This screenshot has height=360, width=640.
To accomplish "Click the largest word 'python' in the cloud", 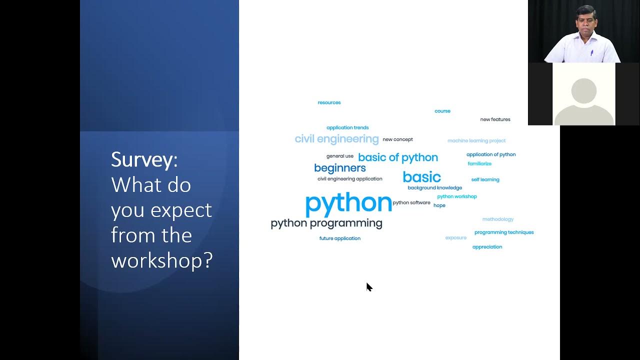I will click(x=348, y=203).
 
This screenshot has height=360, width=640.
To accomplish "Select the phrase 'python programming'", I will click(x=326, y=223).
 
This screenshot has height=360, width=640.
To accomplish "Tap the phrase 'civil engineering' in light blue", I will click(x=336, y=139).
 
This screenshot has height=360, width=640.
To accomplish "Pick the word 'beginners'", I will click(x=340, y=168).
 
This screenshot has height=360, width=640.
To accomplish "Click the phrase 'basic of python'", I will click(x=398, y=157).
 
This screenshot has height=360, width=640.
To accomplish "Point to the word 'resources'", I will click(x=329, y=102).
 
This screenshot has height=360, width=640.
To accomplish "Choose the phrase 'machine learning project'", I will click(x=476, y=141).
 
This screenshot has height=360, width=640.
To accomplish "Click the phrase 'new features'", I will click(x=495, y=119).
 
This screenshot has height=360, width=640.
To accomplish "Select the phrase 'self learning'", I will click(x=485, y=179).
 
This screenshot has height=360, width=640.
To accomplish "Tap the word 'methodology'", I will click(x=498, y=219).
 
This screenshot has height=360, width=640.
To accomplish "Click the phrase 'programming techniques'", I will click(x=504, y=232).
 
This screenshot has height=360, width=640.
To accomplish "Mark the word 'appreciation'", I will click(x=487, y=247).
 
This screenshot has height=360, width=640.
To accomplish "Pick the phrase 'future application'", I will click(x=340, y=238).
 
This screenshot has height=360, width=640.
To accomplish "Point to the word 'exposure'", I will click(x=456, y=238).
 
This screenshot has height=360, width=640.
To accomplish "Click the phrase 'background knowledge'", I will click(x=434, y=188).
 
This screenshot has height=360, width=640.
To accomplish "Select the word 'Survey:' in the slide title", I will click(x=144, y=160).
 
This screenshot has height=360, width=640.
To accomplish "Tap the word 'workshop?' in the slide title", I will click(x=162, y=260).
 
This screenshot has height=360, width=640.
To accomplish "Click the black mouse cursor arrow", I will click(x=369, y=287).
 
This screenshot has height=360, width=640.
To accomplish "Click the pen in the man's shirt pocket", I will click(x=591, y=52).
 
